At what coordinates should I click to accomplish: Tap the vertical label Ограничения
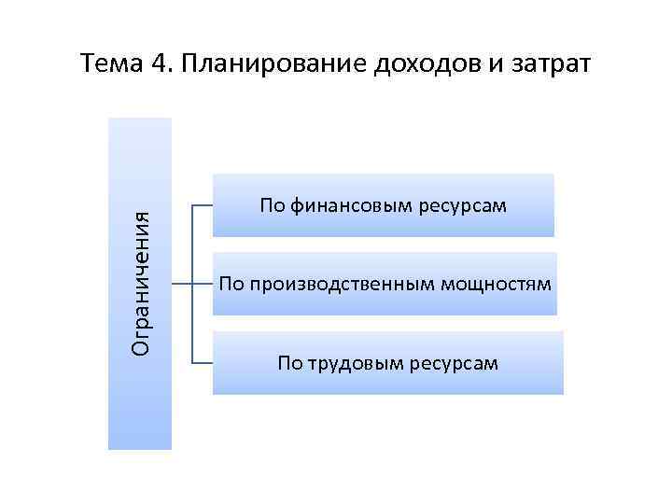coord(141,283)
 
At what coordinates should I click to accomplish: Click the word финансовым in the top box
coord(344,204)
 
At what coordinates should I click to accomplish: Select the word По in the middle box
coord(230,283)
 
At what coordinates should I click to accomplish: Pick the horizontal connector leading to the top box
coord(203,204)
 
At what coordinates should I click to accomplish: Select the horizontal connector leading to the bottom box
coord(203,361)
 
